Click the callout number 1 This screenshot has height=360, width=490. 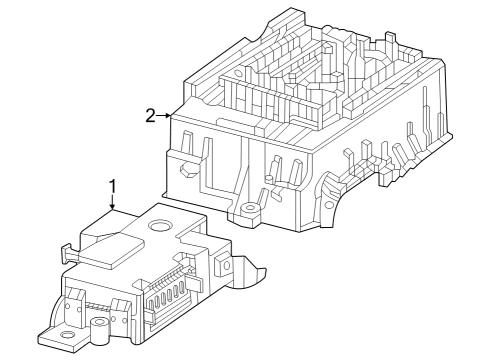(113, 187)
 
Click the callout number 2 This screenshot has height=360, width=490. (150, 116)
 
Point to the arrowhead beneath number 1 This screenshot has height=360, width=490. (113, 207)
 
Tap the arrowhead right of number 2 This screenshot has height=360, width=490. (167, 116)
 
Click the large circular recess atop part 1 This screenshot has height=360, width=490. (160, 226)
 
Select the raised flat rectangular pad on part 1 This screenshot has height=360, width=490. (112, 249)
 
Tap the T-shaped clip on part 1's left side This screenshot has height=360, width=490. (69, 255)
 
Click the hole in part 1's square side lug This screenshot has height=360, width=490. (226, 266)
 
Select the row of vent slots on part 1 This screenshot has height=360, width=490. (167, 297)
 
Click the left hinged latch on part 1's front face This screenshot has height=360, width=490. (74, 307)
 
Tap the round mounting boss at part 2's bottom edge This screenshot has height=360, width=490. (250, 210)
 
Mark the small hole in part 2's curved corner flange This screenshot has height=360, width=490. (329, 205)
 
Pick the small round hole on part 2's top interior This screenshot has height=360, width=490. (238, 72)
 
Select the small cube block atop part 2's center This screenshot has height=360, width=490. (328, 48)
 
